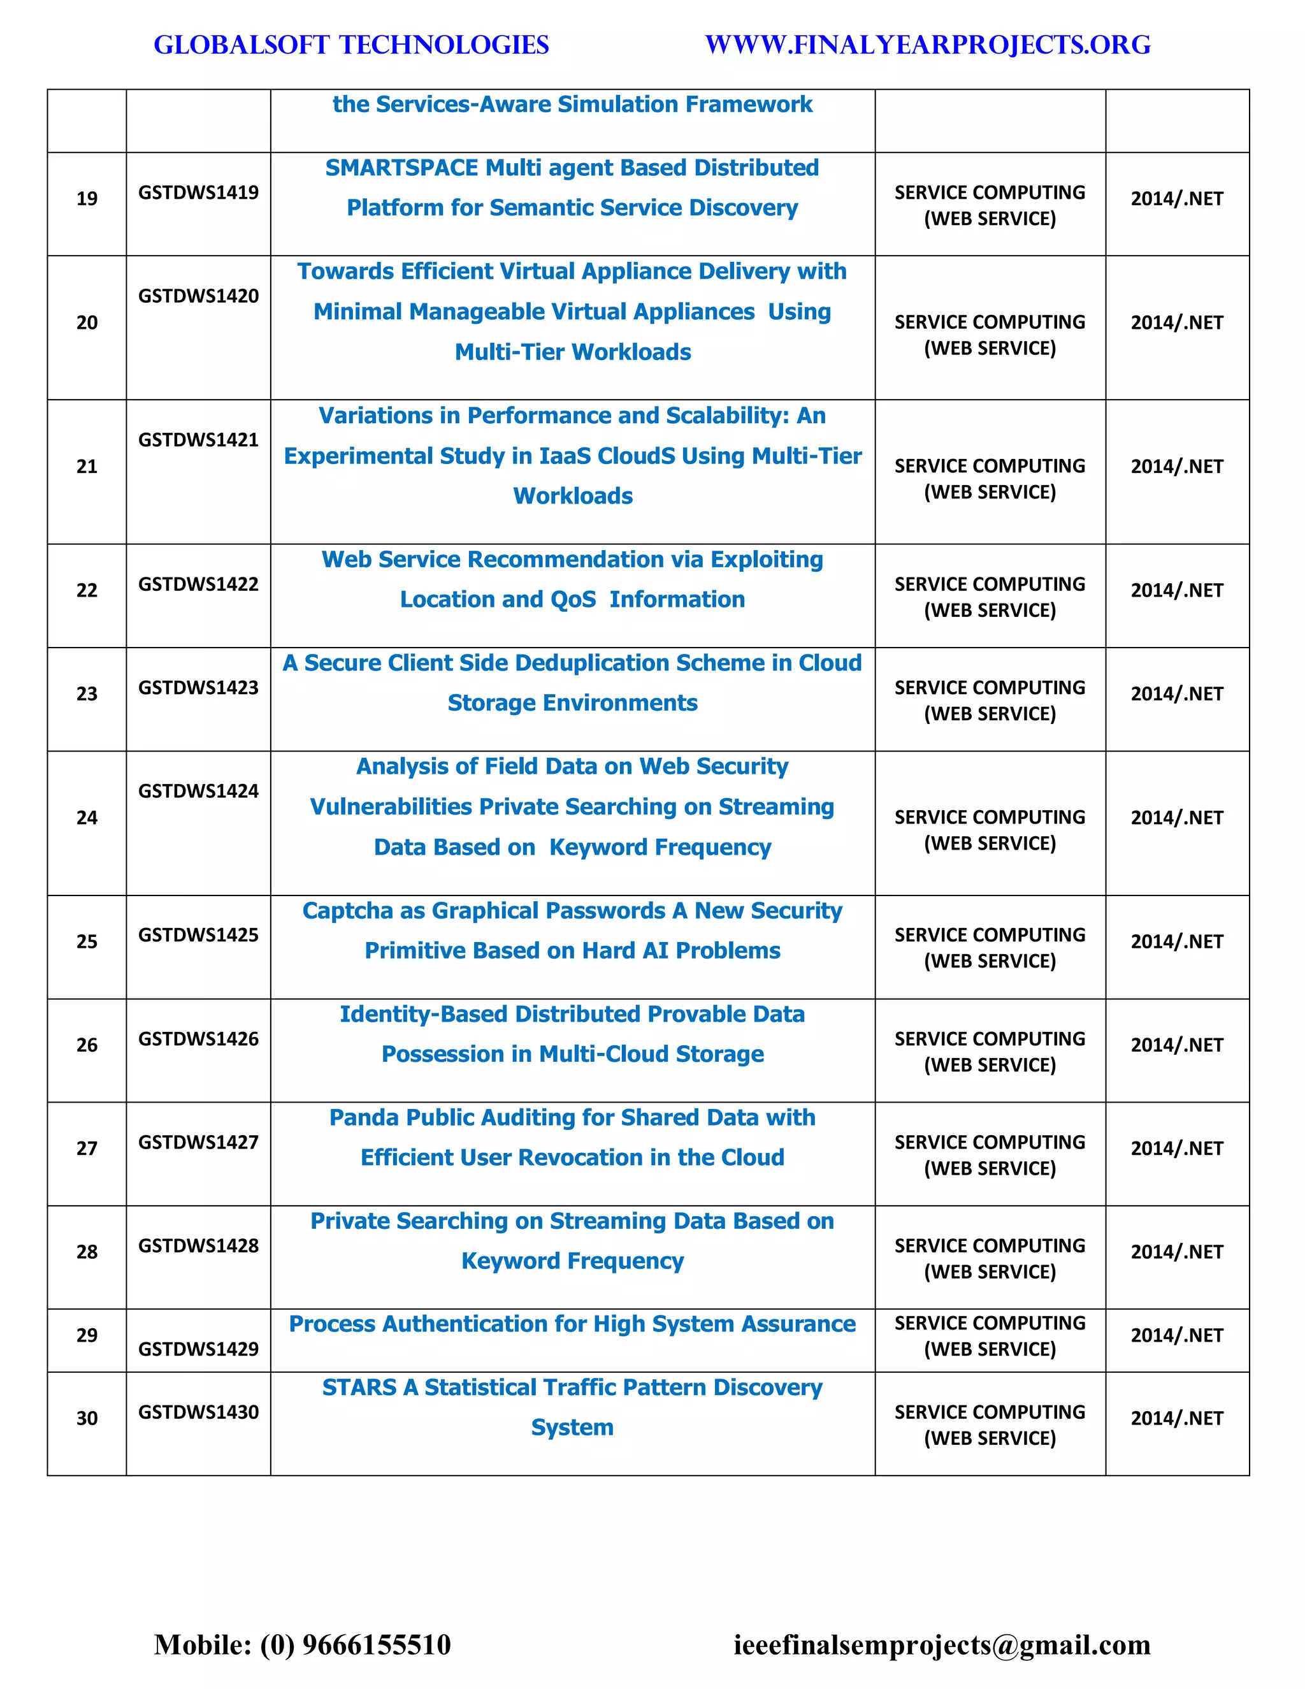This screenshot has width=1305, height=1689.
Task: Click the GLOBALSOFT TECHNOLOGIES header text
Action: pyautogui.click(x=351, y=45)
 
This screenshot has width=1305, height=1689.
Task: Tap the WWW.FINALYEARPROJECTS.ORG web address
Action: pyautogui.click(x=928, y=45)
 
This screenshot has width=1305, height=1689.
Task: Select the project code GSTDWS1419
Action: pyautogui.click(x=198, y=192)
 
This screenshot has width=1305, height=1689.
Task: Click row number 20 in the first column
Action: pyautogui.click(x=87, y=323)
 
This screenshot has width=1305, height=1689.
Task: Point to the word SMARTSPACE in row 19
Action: pyautogui.click(x=401, y=168)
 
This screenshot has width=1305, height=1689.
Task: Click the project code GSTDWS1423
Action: pyautogui.click(x=198, y=688)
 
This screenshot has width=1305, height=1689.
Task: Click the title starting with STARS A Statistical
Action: pyautogui.click(x=572, y=1407)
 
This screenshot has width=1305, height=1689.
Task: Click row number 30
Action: pyautogui.click(x=87, y=1418)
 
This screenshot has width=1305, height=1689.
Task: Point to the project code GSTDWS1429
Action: pyautogui.click(x=198, y=1349)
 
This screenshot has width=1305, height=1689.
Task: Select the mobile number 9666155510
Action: pyautogui.click(x=376, y=1644)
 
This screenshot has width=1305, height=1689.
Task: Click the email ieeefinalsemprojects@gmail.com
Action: pyautogui.click(x=942, y=1644)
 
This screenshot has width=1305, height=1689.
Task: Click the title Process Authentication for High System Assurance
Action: pyautogui.click(x=572, y=1324)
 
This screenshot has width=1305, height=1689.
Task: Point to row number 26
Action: pyautogui.click(x=87, y=1045)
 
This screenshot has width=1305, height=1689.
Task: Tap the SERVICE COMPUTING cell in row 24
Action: pyautogui.click(x=990, y=830)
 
